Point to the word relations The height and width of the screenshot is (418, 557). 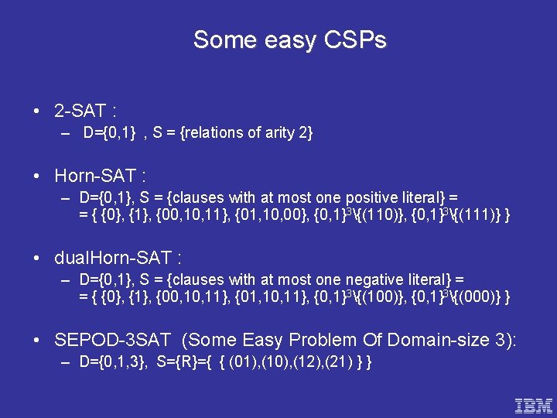[x=212, y=133]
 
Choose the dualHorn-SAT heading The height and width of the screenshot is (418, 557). [x=118, y=258]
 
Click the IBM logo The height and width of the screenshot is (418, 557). [x=534, y=404]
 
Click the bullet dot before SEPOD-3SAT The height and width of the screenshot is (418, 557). [x=38, y=340]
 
